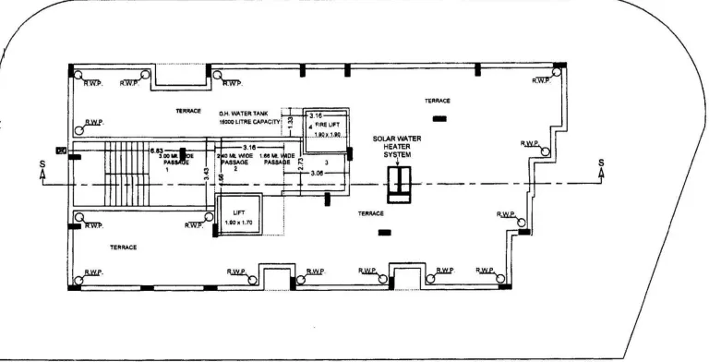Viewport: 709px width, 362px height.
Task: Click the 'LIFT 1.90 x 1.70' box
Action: coord(239,218)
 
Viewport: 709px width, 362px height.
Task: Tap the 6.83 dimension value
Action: coord(157,150)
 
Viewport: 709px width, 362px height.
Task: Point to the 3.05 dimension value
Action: coord(317,173)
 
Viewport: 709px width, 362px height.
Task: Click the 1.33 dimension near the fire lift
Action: coord(290,121)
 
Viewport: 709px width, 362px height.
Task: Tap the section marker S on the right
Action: coord(602,167)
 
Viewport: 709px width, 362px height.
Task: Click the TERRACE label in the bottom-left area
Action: coord(124,247)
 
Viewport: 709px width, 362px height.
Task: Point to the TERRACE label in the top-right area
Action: coord(438,100)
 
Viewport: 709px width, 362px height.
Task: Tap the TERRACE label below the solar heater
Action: coord(371,213)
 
